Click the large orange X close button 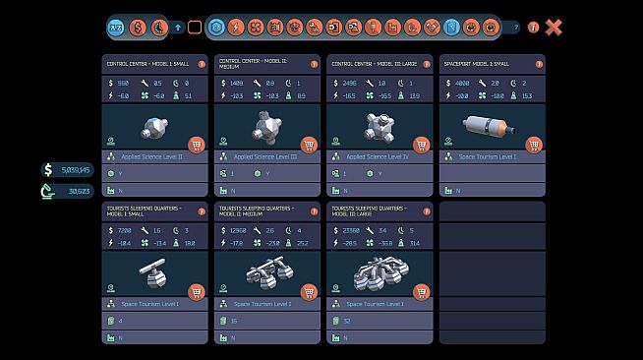tap(554, 28)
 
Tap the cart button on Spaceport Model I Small tap(534, 146)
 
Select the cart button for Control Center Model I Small tap(196, 146)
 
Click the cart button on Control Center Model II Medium tap(309, 146)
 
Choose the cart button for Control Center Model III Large tap(421, 146)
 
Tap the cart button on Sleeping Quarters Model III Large tap(421, 292)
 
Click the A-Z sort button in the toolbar tap(115, 28)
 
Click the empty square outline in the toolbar tap(195, 28)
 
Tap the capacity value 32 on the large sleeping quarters tap(346, 321)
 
